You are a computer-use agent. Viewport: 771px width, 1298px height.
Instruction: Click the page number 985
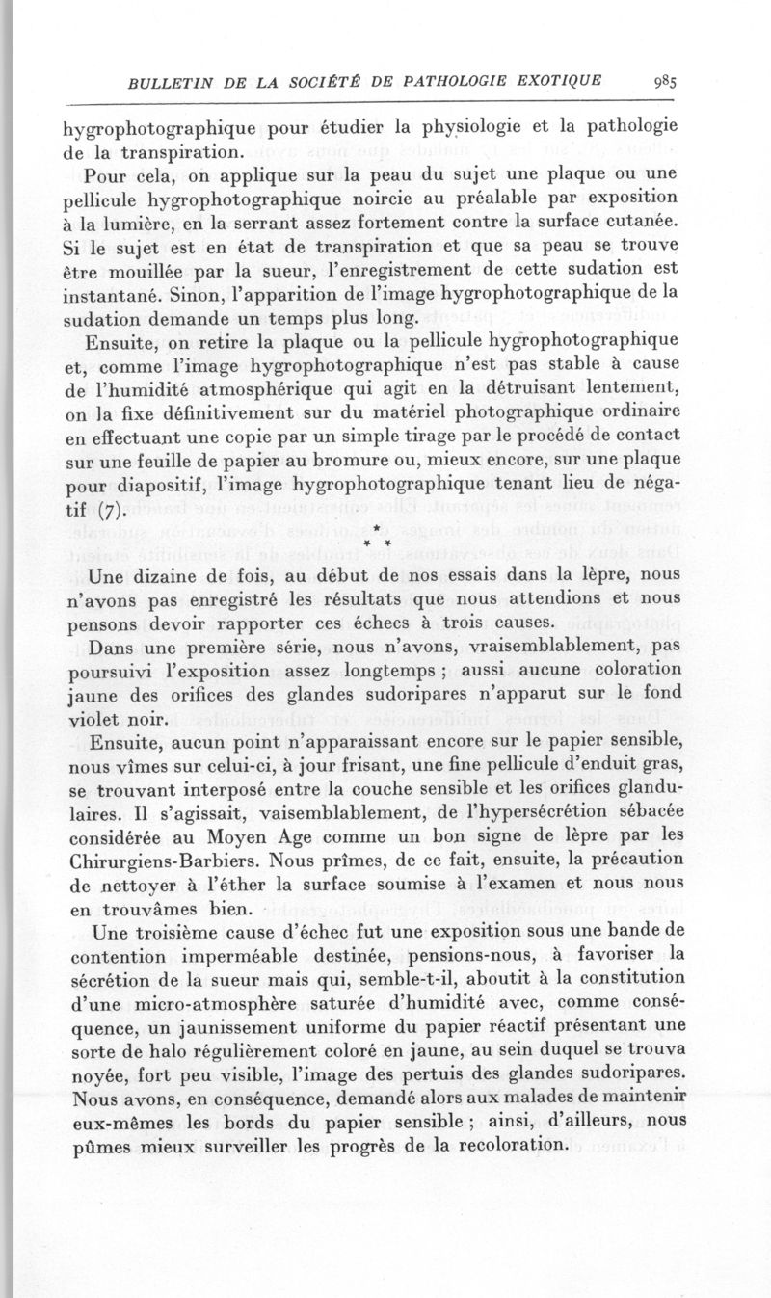tap(663, 82)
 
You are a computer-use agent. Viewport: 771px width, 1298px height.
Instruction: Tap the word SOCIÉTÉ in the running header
tap(320, 83)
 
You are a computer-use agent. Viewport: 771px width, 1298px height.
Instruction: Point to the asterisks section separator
tap(381, 542)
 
